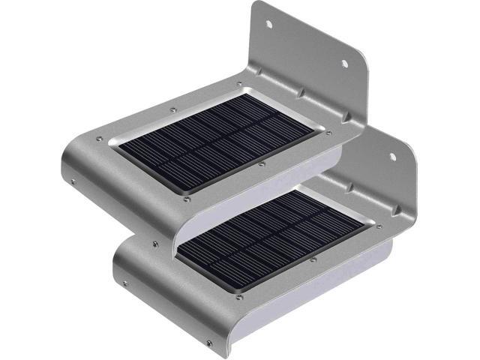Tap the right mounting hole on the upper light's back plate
coord(347,64)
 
